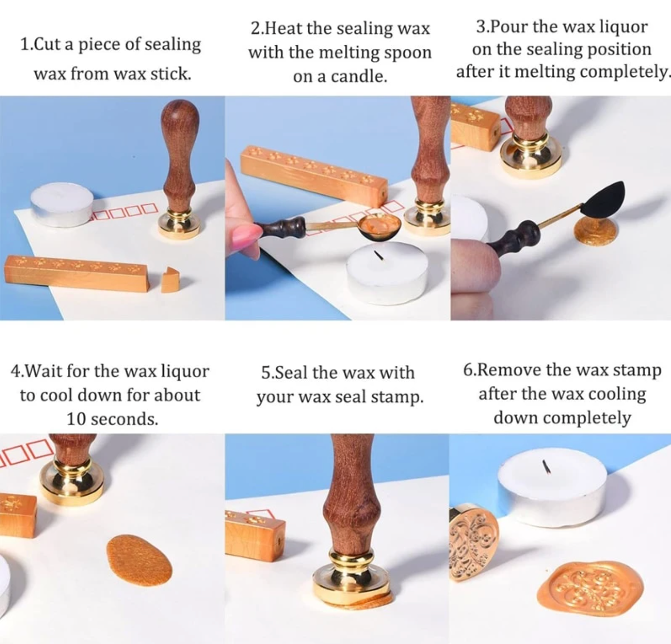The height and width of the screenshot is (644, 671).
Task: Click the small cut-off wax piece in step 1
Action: tap(170, 281)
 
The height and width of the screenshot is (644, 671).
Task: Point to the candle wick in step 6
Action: tap(546, 466)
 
